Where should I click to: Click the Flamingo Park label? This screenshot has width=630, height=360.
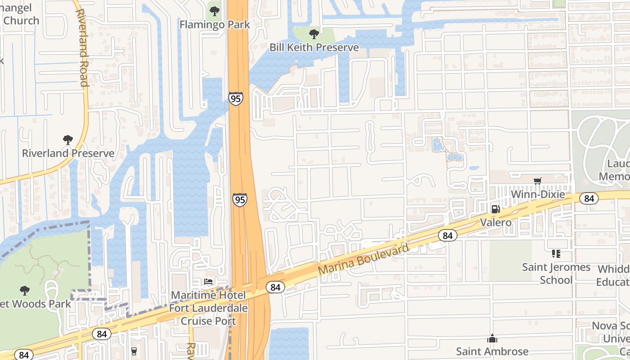coord(215,24)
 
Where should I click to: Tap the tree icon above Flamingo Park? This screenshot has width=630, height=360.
coord(215,10)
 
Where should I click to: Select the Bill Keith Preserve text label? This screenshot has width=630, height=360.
coord(314,47)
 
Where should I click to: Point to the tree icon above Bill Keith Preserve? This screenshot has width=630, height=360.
coord(314,34)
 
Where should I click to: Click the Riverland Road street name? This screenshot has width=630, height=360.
coord(82,47)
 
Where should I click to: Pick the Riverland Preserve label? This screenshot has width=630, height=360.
coord(68,153)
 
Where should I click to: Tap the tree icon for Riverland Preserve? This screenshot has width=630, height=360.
coord(68,140)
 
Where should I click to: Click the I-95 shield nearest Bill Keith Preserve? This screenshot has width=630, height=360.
coord(235,99)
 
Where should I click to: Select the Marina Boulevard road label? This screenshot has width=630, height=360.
coord(364,260)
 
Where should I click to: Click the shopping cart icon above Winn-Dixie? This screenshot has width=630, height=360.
coord(537,181)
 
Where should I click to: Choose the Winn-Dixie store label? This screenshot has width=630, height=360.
coord(538,194)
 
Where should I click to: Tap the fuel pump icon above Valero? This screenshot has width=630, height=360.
coord(495,209)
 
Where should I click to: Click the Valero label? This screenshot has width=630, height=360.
coord(495,222)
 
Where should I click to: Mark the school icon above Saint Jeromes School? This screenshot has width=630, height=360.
coord(556,254)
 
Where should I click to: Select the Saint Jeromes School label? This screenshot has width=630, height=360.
coord(556,273)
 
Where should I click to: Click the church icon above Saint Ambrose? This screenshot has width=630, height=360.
coord(492,338)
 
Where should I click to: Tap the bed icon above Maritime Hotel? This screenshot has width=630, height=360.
coord(208,282)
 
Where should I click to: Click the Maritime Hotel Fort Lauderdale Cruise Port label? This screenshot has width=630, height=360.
coord(208,308)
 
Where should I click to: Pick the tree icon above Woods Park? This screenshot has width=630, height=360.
coord(25,291)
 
